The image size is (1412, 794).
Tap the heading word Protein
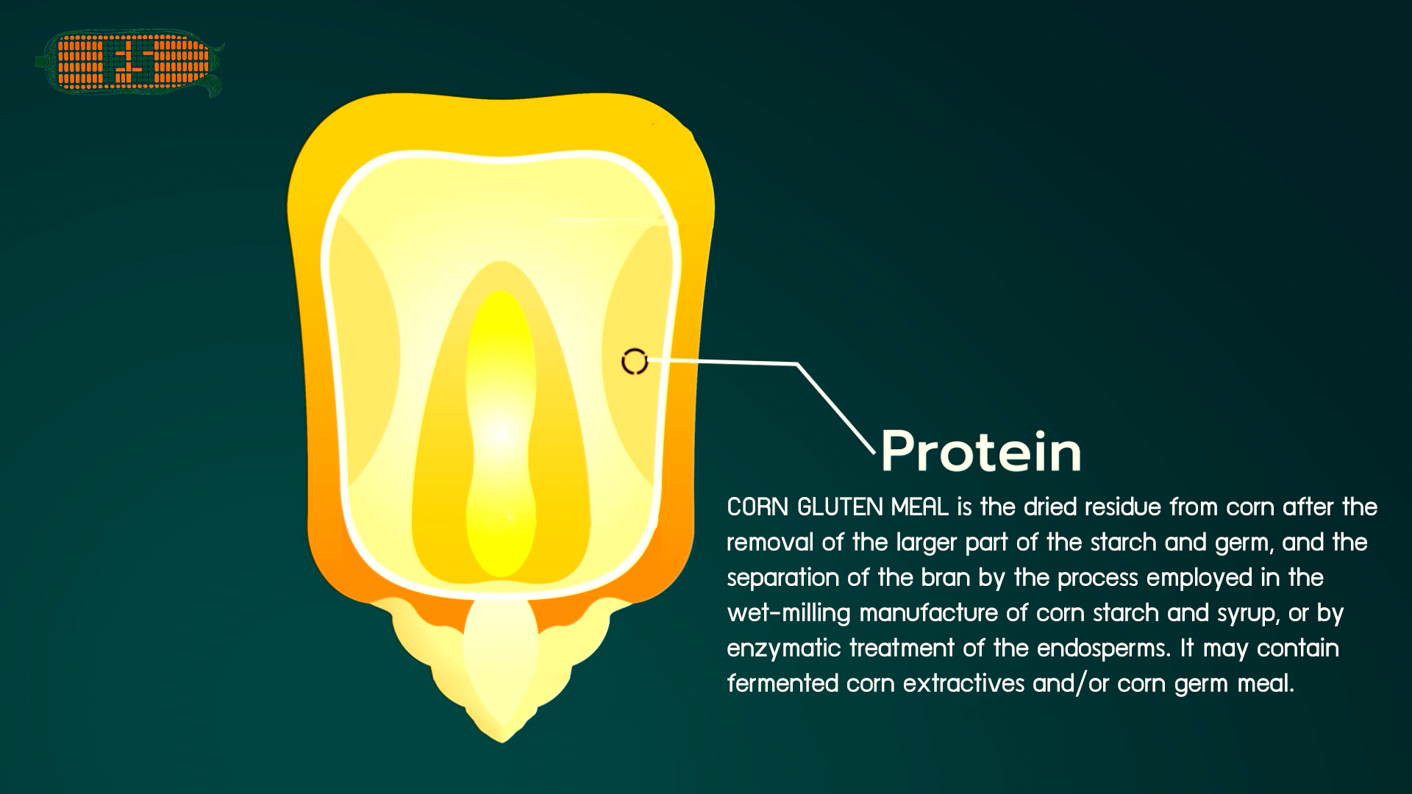pyautogui.click(x=981, y=451)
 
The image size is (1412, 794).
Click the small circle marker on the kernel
pyautogui.click(x=635, y=362)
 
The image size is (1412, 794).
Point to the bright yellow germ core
pyautogui.click(x=501, y=434)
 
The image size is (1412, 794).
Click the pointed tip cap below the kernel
pyautogui.click(x=502, y=669)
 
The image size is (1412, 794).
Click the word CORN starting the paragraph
pyautogui.click(x=757, y=507)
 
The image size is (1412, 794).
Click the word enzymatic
pyautogui.click(x=784, y=648)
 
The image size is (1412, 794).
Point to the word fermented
pyautogui.click(x=782, y=684)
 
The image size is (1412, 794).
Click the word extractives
pyautogui.click(x=963, y=684)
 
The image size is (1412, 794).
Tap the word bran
pyautogui.click(x=946, y=578)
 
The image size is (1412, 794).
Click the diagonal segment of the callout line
pyautogui.click(x=836, y=407)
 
